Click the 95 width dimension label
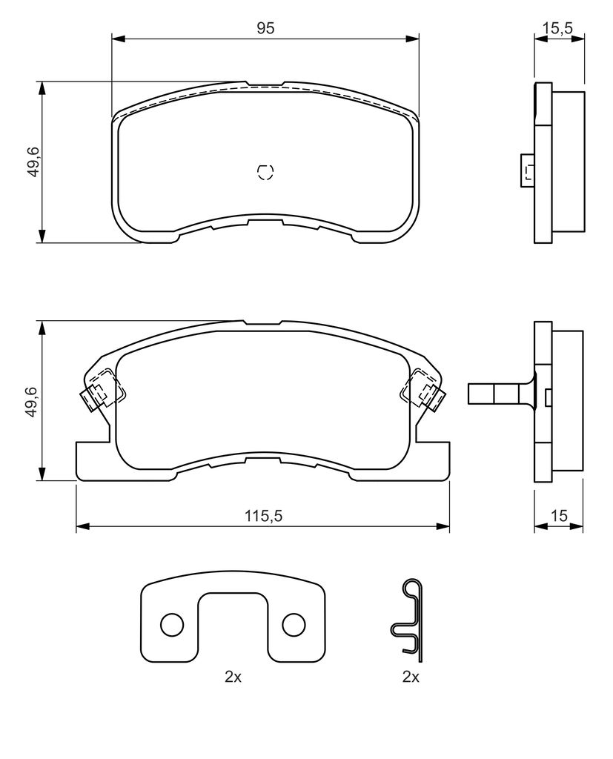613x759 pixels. click(265, 28)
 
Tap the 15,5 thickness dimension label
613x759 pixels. click(557, 28)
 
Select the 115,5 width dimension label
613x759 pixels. click(263, 516)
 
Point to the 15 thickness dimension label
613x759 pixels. click(559, 516)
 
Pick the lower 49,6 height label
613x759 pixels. click(33, 401)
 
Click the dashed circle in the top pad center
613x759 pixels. click(265, 172)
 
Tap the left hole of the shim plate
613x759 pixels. click(172, 626)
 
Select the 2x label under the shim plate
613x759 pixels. click(233, 677)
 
